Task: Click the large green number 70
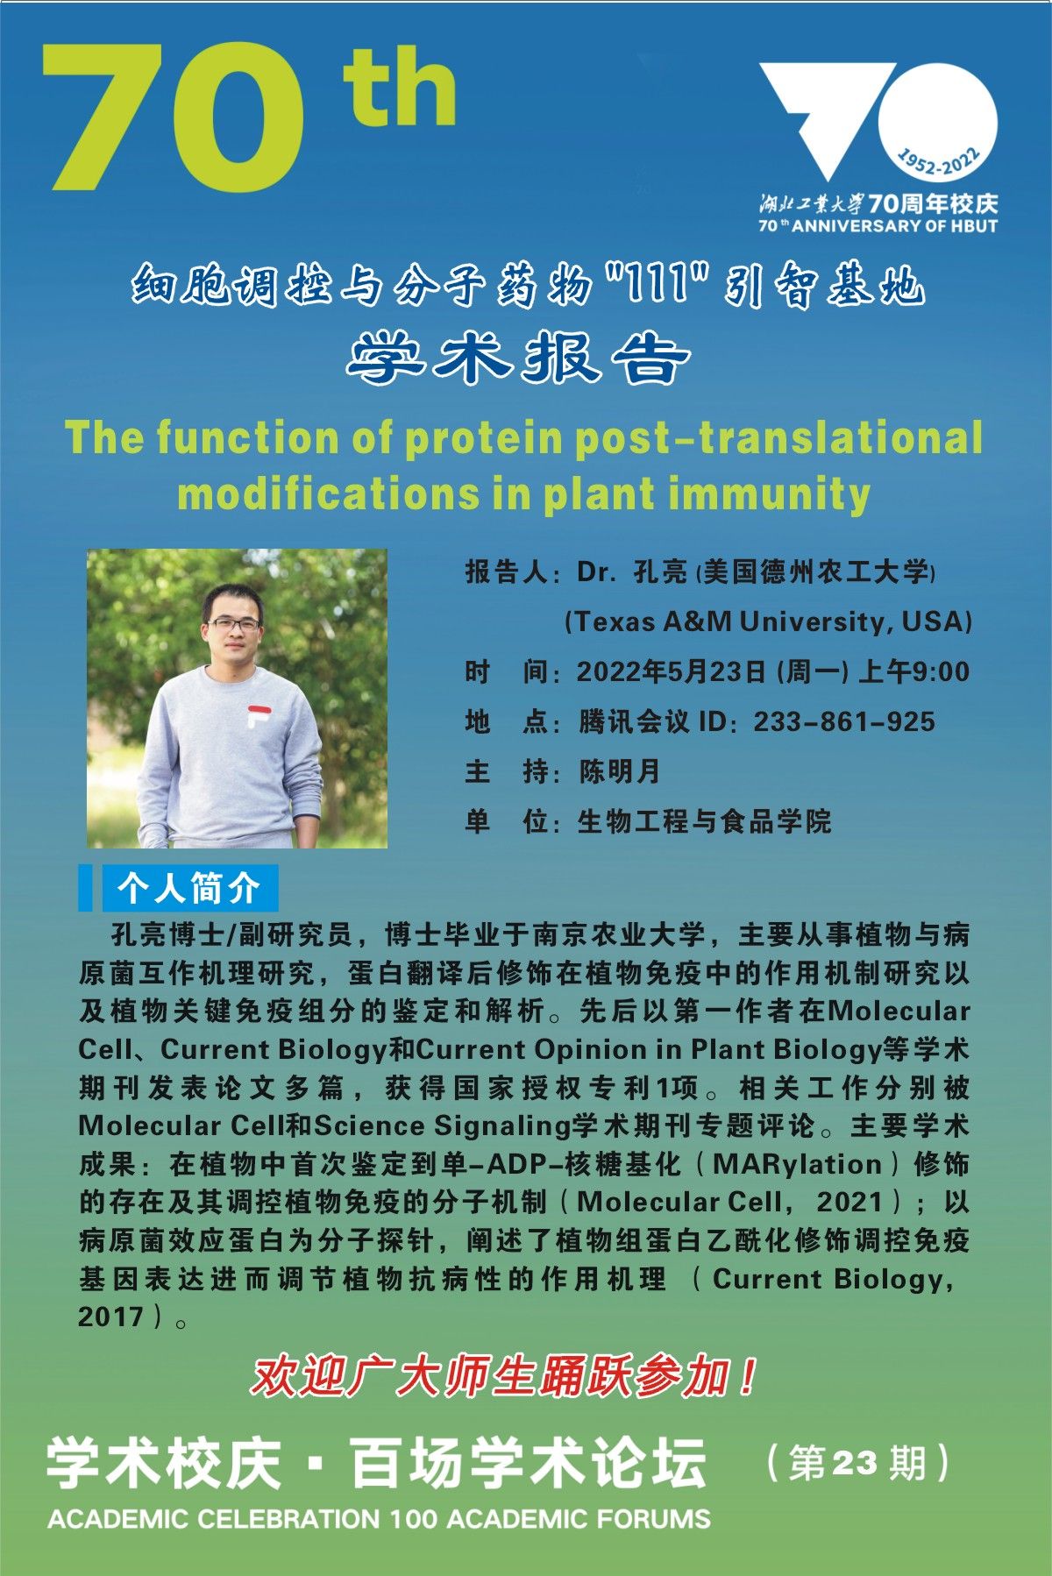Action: point(173,117)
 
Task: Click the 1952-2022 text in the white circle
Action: point(938,163)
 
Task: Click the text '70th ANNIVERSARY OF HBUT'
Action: point(878,225)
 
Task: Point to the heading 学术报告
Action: point(519,359)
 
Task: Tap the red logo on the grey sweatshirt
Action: point(258,715)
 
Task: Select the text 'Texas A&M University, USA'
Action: point(769,622)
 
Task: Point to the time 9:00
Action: point(941,671)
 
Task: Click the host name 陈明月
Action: point(619,771)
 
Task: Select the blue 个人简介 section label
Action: point(188,888)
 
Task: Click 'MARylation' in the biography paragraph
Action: point(797,1164)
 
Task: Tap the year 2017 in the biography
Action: point(110,1317)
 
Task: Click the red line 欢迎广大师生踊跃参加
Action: point(504,1377)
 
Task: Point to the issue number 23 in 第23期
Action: point(854,1463)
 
